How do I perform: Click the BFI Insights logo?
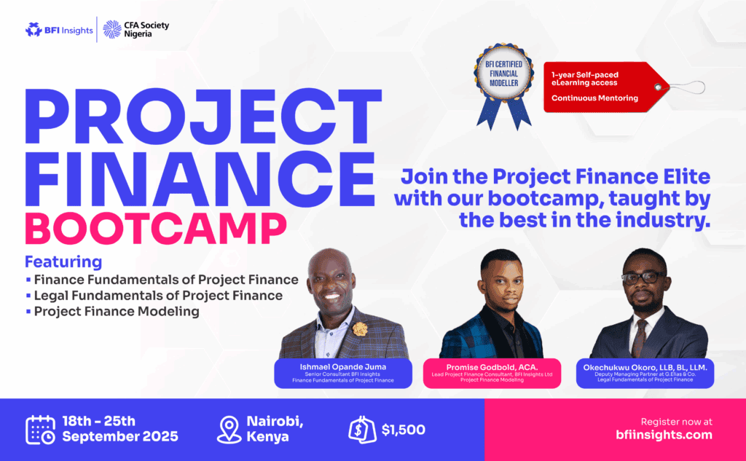[59, 30]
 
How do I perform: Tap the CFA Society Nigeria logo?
[136, 30]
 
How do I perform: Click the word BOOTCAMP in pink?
[156, 229]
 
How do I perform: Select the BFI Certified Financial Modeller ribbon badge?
[504, 86]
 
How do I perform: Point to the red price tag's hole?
[658, 87]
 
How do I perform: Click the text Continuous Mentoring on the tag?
[594, 98]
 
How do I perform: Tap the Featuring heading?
[63, 261]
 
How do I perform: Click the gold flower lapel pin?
[360, 328]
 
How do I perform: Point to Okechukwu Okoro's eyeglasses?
[643, 277]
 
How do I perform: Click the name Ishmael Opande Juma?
[343, 367]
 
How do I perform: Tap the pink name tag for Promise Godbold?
[492, 374]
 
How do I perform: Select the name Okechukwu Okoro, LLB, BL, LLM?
[645, 367]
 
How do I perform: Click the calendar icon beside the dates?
[41, 430]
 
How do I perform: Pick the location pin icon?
[229, 430]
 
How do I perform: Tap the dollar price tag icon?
[361, 430]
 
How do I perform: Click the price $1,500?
[404, 430]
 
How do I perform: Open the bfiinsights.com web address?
[664, 435]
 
